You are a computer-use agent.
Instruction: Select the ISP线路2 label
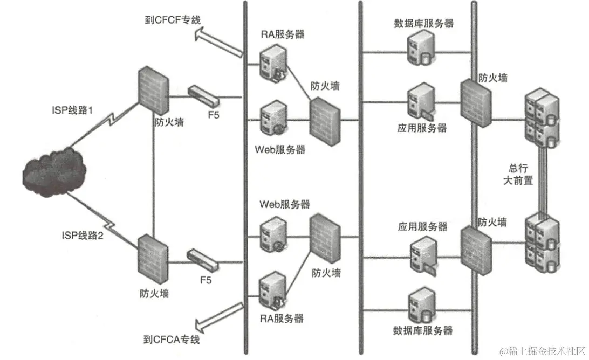click(x=81, y=235)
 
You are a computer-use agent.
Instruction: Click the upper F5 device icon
click(x=203, y=96)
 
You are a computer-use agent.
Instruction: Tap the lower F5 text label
click(x=206, y=280)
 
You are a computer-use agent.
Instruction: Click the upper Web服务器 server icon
click(x=272, y=119)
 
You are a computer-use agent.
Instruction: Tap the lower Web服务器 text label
click(x=285, y=205)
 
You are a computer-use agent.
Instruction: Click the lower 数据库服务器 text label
click(x=423, y=330)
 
